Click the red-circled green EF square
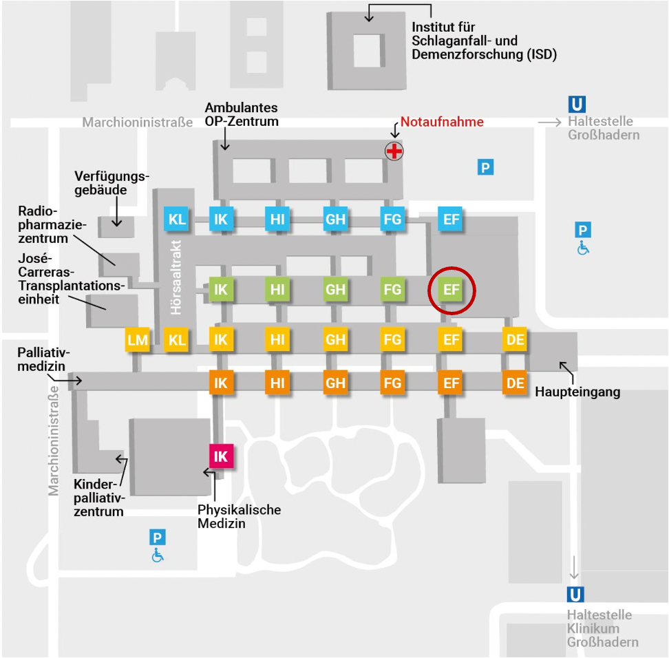451,290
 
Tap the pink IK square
221,456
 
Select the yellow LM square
137,340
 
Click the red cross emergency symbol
394,151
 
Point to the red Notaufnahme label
442,122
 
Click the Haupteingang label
577,392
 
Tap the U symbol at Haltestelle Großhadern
577,105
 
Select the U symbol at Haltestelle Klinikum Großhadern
575,595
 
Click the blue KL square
177,220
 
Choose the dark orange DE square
515,383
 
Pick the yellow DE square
515,339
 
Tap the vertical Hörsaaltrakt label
176,277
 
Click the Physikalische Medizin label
239,516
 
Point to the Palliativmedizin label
43,359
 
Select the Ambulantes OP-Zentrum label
242,114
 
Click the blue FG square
392,220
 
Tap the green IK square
221,290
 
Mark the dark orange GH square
335,383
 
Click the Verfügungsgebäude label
111,182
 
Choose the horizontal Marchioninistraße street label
138,123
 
